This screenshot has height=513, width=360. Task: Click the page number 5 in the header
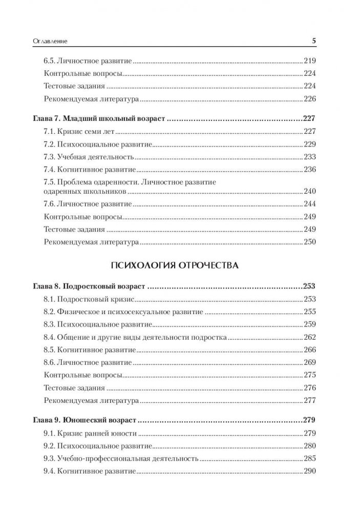click(x=314, y=39)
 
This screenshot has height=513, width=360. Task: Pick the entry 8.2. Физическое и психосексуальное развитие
click(x=123, y=312)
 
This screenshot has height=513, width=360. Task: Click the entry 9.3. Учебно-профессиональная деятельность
click(x=120, y=458)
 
